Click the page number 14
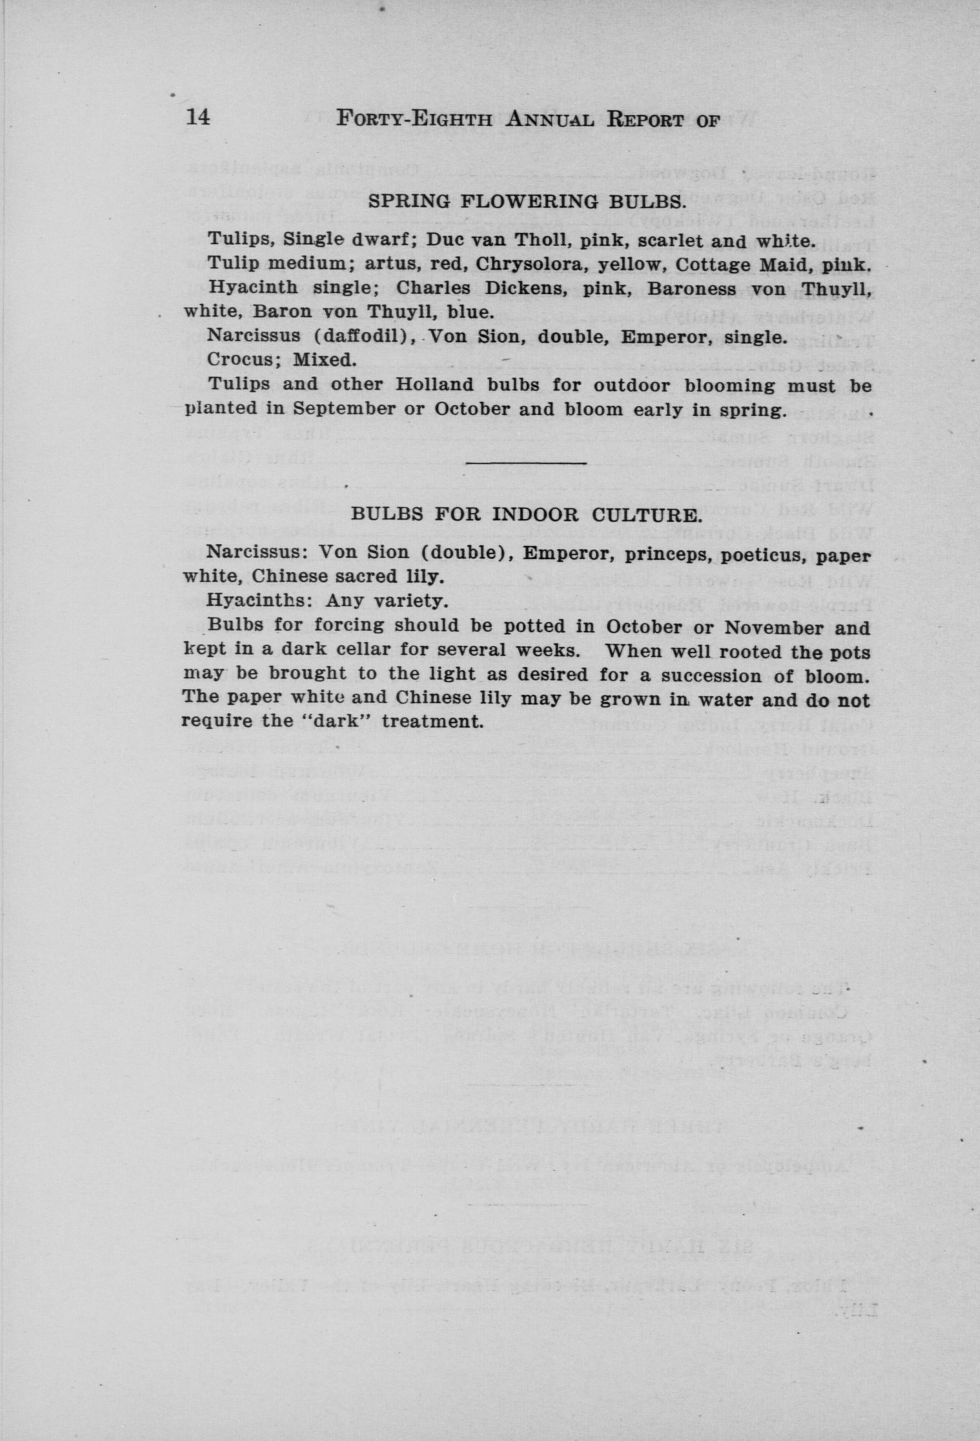[x=198, y=118]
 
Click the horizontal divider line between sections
[x=525, y=463]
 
